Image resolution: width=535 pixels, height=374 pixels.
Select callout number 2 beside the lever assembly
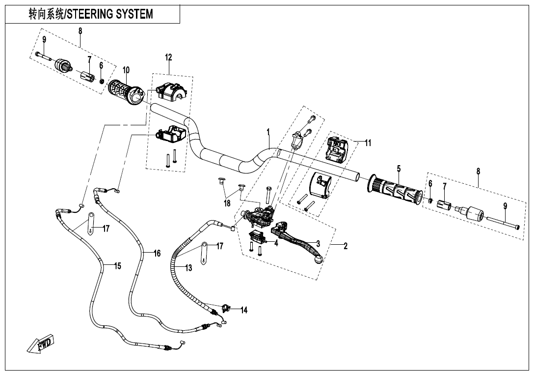click(345, 246)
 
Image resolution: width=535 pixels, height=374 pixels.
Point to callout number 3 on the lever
click(318, 243)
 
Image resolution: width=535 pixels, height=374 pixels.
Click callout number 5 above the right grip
click(399, 169)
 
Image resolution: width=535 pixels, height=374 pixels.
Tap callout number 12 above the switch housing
click(168, 58)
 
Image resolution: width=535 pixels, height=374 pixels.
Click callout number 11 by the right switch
click(368, 143)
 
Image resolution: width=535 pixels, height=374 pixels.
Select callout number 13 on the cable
click(188, 268)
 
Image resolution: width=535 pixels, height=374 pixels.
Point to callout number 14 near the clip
click(244, 310)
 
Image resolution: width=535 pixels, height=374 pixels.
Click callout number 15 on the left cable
click(117, 266)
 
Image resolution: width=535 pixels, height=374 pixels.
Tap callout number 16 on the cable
click(157, 254)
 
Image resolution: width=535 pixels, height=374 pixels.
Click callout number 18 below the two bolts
click(227, 202)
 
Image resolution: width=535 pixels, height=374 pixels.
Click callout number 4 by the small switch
click(276, 243)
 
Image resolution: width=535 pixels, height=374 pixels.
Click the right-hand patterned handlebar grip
click(395, 192)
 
